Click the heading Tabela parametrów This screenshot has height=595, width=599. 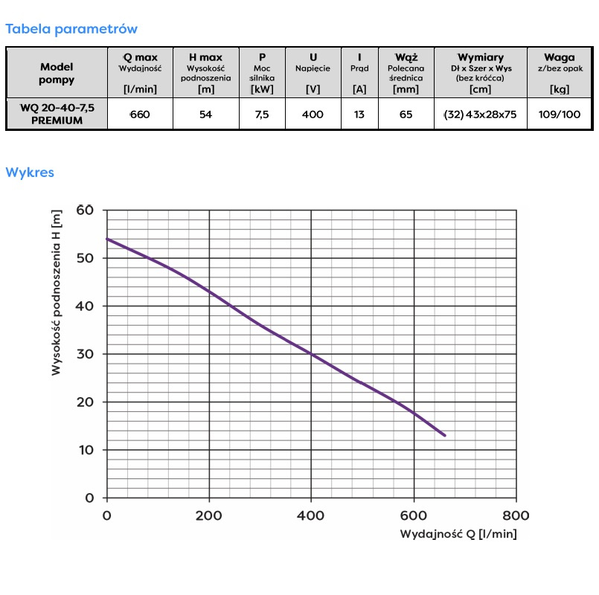(x=71, y=29)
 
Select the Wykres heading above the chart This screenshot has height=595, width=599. (x=30, y=173)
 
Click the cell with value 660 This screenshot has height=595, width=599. (x=140, y=115)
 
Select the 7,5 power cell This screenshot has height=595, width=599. (x=262, y=115)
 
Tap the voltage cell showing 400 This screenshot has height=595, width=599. (x=313, y=115)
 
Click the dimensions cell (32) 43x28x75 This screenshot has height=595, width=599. (x=480, y=115)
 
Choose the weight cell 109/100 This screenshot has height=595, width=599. (x=559, y=115)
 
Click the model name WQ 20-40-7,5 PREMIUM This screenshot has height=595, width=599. (x=57, y=115)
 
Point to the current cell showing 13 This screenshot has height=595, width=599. (x=359, y=115)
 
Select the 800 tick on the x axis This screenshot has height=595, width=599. (x=516, y=515)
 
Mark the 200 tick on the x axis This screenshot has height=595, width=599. (x=209, y=515)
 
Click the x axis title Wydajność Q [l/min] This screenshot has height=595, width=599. (x=458, y=534)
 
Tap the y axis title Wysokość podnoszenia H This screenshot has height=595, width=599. (x=57, y=292)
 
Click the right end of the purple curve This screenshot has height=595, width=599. (x=445, y=435)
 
